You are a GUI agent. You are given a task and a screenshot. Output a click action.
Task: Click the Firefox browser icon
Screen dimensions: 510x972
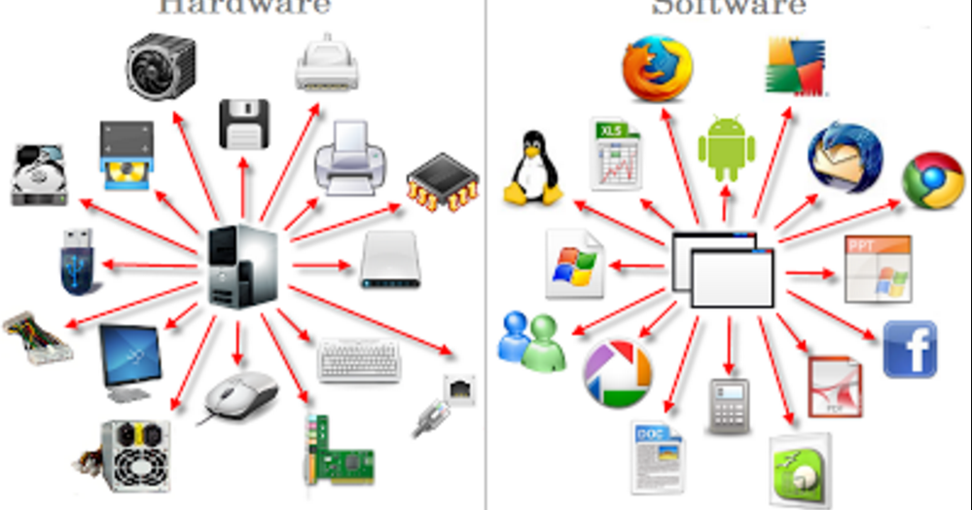658,68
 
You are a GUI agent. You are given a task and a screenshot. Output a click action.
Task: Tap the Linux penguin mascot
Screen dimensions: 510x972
532,167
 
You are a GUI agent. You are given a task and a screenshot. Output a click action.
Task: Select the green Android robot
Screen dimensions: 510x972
726,149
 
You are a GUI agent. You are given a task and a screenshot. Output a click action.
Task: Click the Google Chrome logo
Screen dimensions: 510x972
933,180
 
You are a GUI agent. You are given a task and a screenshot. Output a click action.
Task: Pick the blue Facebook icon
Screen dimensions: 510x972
910,348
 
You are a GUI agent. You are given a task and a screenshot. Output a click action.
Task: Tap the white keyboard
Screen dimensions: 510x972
358,359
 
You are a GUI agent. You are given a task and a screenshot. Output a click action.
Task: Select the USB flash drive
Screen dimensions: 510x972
77,261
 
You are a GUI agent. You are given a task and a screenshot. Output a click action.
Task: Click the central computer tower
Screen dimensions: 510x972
242,266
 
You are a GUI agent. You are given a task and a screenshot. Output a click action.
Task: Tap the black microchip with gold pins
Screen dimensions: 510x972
443,183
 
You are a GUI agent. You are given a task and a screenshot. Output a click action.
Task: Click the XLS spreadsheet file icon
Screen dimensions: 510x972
616,154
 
